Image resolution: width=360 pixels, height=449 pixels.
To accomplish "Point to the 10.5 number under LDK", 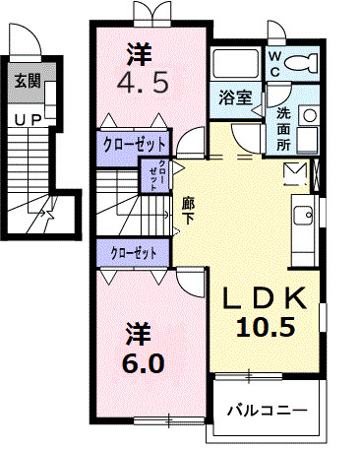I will [x=266, y=328].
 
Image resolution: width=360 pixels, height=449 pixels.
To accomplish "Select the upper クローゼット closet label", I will [x=135, y=143].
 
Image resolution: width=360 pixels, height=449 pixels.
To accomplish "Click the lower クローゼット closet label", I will [x=135, y=253].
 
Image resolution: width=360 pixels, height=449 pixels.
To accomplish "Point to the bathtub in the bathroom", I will [x=233, y=64].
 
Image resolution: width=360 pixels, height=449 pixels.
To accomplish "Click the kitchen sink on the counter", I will [x=303, y=212].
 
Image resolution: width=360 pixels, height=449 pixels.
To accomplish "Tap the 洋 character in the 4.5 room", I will [x=143, y=48].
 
